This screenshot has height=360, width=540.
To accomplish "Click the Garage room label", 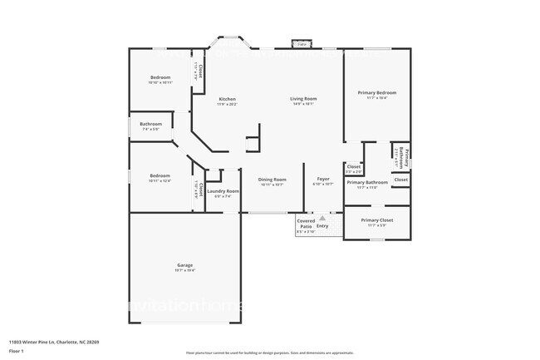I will [184, 265].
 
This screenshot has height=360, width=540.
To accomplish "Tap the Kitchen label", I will [227, 99].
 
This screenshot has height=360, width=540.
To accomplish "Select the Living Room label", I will [303, 99].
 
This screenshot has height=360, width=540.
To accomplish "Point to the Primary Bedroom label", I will [376, 92].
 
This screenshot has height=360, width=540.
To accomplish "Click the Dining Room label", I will [272, 180].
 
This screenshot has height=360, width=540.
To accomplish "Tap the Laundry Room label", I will [223, 191].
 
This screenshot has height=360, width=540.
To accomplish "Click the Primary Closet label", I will [376, 220].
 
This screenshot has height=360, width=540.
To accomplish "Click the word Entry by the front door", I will [322, 226].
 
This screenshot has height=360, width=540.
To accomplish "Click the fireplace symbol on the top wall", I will [299, 43].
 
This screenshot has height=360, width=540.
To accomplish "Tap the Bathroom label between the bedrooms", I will [150, 124].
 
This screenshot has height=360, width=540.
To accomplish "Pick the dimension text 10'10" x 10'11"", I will [160, 82].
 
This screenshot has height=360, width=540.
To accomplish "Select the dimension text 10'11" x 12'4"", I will [160, 180].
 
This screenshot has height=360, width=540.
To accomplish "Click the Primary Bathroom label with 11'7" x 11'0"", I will [367, 182].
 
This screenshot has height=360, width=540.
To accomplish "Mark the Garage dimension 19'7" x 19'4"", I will [184, 271].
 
